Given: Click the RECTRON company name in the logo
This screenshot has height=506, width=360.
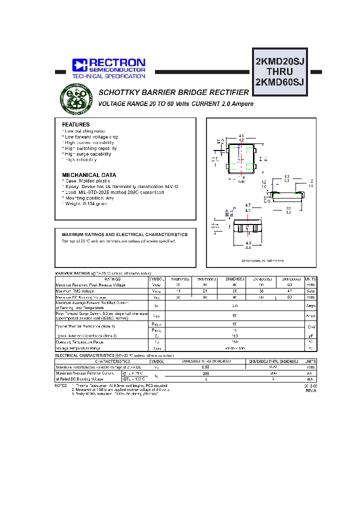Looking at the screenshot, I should click(x=117, y=63).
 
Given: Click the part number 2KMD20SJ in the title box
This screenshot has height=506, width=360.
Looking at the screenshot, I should click(x=280, y=61).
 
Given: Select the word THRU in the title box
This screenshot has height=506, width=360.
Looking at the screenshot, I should click(x=280, y=72).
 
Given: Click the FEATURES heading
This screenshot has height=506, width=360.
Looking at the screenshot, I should click(x=76, y=124).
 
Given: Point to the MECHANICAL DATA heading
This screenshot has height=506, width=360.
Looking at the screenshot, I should click(x=89, y=175).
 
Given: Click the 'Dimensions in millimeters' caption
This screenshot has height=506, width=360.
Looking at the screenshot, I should click(x=262, y=260).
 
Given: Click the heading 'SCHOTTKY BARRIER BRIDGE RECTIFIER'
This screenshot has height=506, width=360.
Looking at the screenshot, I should click(x=173, y=93).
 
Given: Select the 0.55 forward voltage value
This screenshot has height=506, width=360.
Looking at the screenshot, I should click(x=205, y=367).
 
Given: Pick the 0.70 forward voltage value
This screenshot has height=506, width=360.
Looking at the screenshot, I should click(x=273, y=367).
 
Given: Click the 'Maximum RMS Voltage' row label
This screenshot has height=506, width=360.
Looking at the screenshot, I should click(x=75, y=291).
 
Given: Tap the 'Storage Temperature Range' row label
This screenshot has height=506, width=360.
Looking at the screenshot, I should click(x=78, y=348).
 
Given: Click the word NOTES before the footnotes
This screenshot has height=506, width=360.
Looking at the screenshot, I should click(x=60, y=386).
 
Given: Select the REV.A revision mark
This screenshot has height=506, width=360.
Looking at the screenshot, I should click(x=310, y=391).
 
